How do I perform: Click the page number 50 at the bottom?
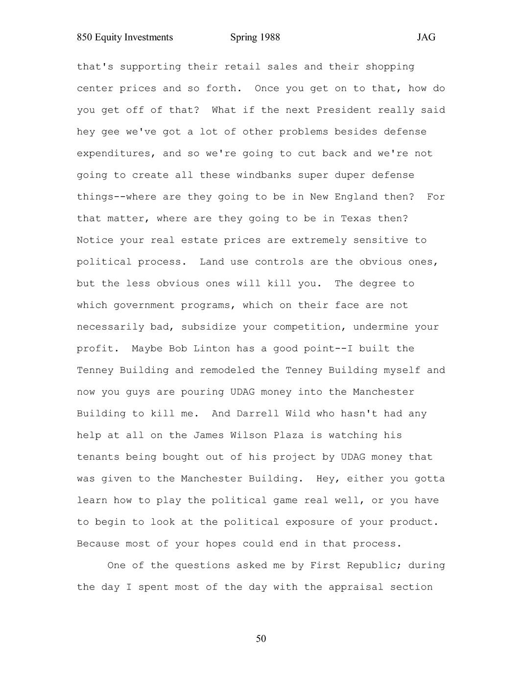pyautogui.click(x=261, y=639)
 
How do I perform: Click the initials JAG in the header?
pyautogui.click(x=426, y=38)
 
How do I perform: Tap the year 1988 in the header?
pyautogui.click(x=269, y=38)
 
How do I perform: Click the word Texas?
pyautogui.click(x=356, y=219)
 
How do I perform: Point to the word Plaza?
pyautogui.click(x=288, y=435)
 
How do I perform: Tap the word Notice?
pyautogui.click(x=95, y=240)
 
